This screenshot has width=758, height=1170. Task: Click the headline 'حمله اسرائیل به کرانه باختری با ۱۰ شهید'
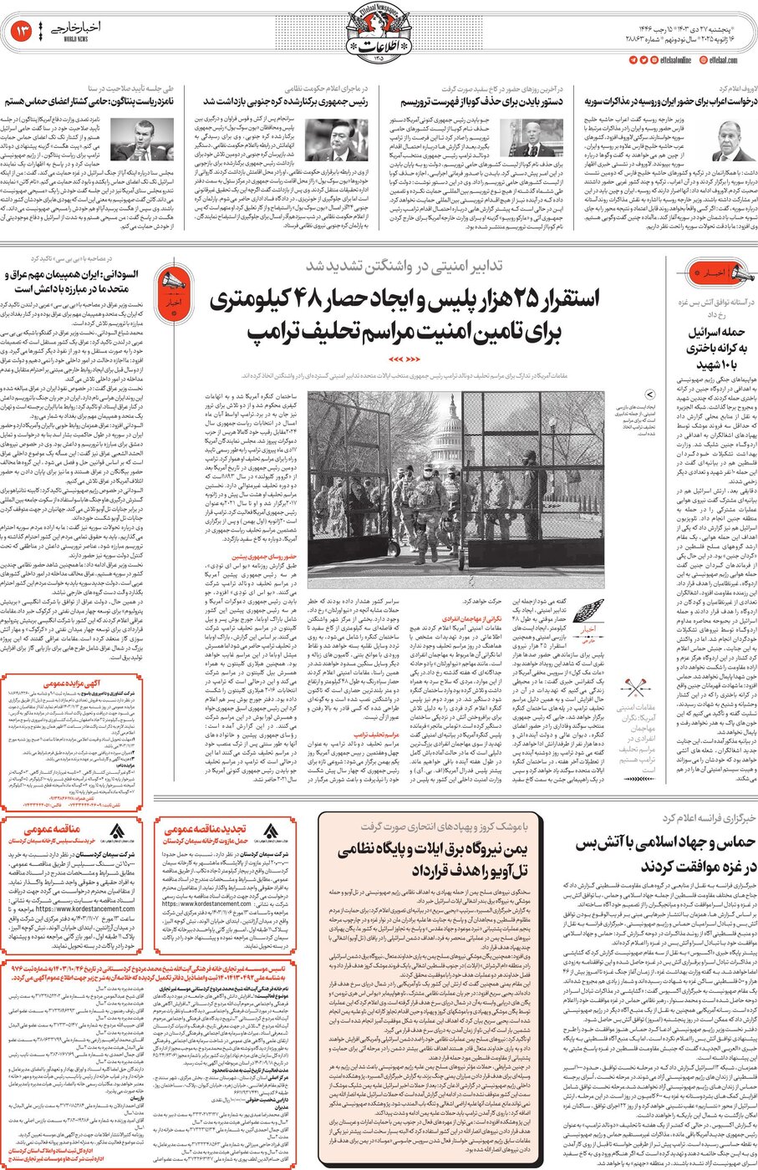715,346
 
